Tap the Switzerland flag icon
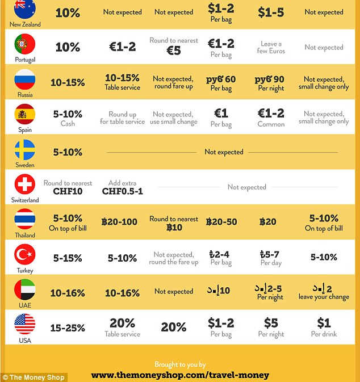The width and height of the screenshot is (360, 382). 24,184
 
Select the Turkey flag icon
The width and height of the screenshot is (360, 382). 24,254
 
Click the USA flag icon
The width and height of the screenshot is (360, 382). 24,324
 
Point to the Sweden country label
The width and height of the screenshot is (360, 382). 24,165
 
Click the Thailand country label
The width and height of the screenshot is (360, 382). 24,235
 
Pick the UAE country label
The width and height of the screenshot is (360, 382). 24,305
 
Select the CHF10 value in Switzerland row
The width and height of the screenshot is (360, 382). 68,191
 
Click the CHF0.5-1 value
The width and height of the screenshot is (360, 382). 123,191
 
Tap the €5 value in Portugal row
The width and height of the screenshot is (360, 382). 173,51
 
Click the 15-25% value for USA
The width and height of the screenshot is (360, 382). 68,328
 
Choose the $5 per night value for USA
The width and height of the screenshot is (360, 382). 271,324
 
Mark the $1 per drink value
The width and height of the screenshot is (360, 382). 324,324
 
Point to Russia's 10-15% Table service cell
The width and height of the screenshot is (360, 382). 122,82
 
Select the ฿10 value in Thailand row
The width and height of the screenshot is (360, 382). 174,228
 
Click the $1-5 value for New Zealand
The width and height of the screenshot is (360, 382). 271,12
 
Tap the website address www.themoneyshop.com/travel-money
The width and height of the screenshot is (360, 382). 180,375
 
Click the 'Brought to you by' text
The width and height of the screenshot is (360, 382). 180,364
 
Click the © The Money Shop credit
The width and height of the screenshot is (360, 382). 34,377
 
